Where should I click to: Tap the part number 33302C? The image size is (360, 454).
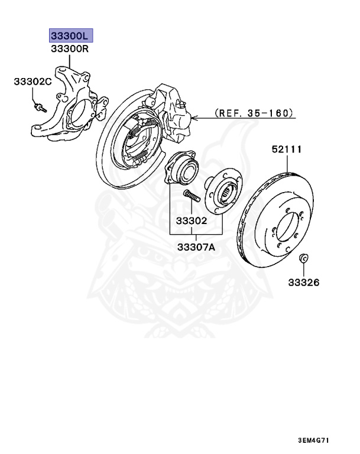click(x=33, y=82)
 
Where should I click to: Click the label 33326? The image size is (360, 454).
click(x=303, y=283)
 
